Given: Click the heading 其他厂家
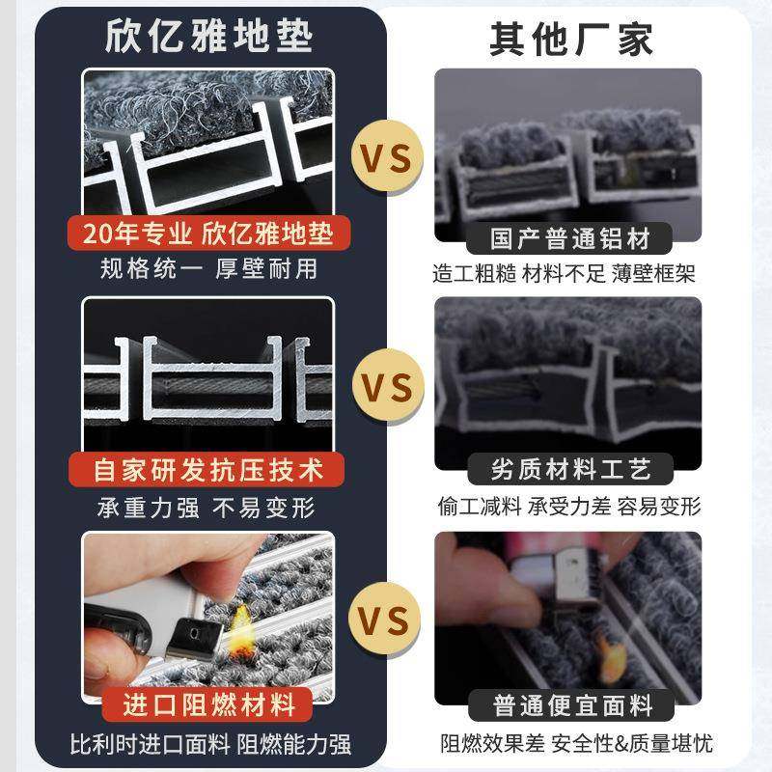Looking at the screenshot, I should click(x=570, y=39).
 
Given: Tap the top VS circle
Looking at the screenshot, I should click(x=384, y=155).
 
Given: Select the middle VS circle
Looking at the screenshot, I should click(x=384, y=388).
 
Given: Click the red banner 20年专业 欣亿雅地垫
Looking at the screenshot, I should click(x=208, y=234).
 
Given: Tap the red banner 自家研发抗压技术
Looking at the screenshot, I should click(x=208, y=470).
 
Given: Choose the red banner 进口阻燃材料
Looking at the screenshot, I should click(x=208, y=703).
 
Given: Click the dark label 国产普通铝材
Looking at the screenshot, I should click(x=570, y=237).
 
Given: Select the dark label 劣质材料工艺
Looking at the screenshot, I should click(x=570, y=470).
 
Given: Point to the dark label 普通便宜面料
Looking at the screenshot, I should click(x=570, y=703).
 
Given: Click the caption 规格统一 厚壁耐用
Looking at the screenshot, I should click(x=208, y=269).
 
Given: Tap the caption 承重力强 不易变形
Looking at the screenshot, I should click(x=208, y=507).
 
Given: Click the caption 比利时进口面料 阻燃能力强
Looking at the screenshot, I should click(x=208, y=744).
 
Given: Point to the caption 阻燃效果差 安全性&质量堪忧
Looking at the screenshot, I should click(x=577, y=743).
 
